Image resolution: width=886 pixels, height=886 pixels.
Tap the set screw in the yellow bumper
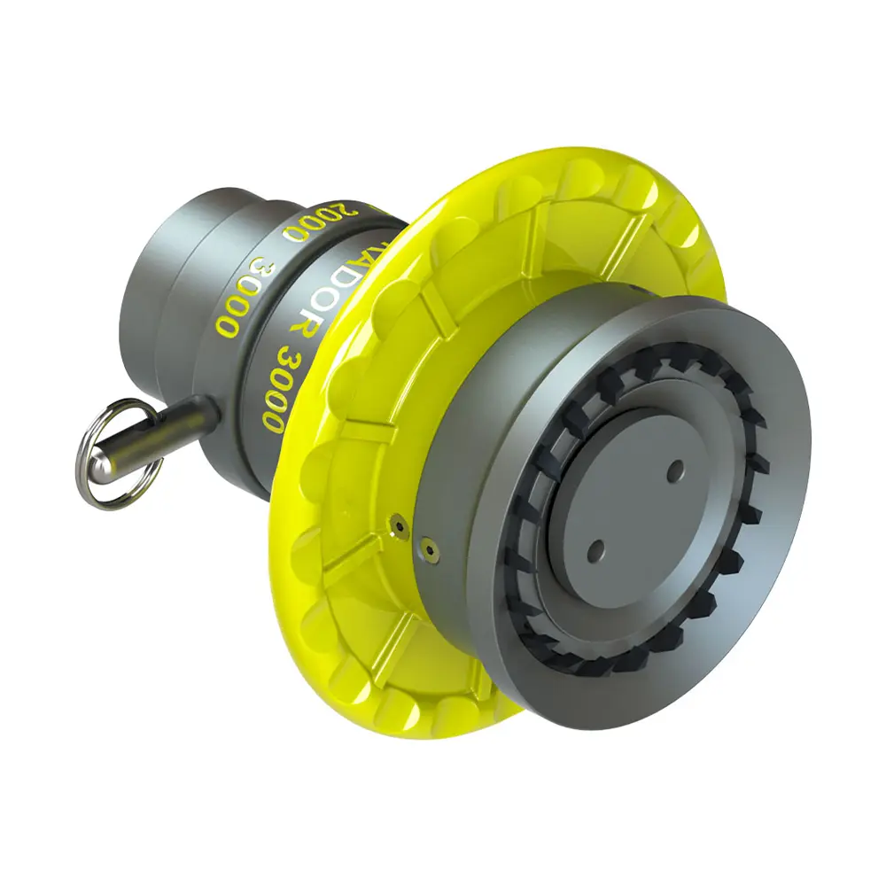click(400, 526)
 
